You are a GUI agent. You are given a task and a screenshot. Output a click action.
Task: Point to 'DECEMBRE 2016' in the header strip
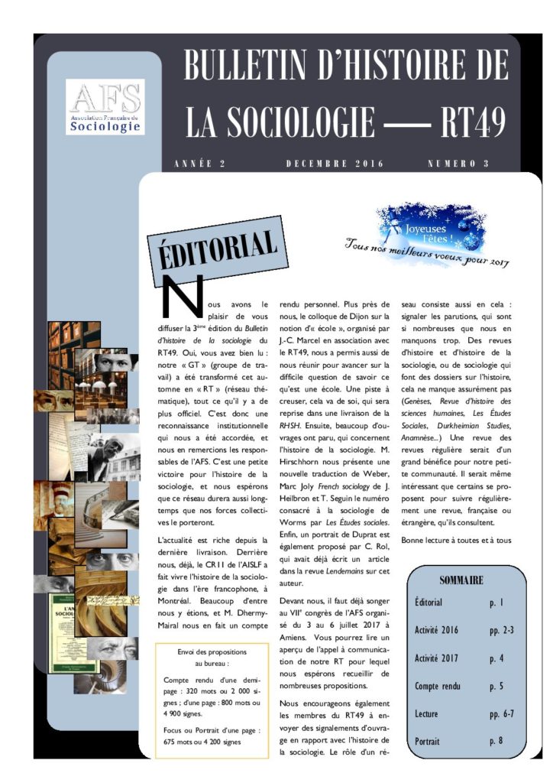tap(335, 164)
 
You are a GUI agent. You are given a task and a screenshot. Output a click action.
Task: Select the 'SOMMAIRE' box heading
tap(461, 580)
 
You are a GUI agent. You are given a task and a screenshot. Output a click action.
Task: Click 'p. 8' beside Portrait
tap(496, 741)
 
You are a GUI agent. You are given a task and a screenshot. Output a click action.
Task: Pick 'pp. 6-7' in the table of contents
tap(502, 713)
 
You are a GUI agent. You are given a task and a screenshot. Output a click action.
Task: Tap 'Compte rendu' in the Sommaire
tap(438, 686)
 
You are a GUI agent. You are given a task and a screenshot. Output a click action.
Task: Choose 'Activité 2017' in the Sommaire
tap(438, 658)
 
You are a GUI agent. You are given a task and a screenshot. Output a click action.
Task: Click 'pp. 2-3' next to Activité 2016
tap(502, 630)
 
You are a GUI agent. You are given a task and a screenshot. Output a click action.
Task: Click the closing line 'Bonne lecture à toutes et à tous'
tap(461, 540)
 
